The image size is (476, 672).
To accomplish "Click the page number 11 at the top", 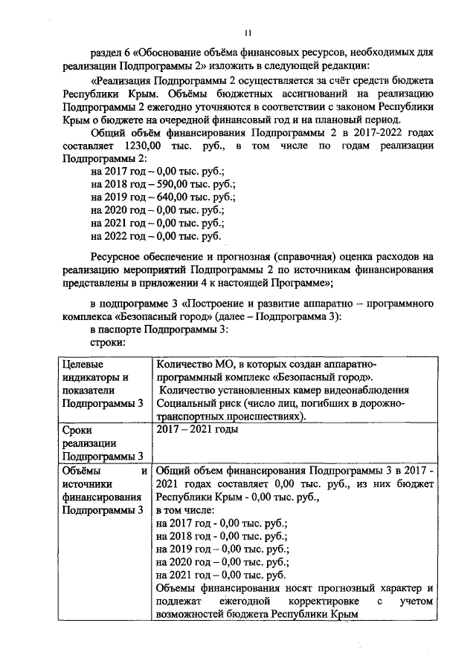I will [x=248, y=32].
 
